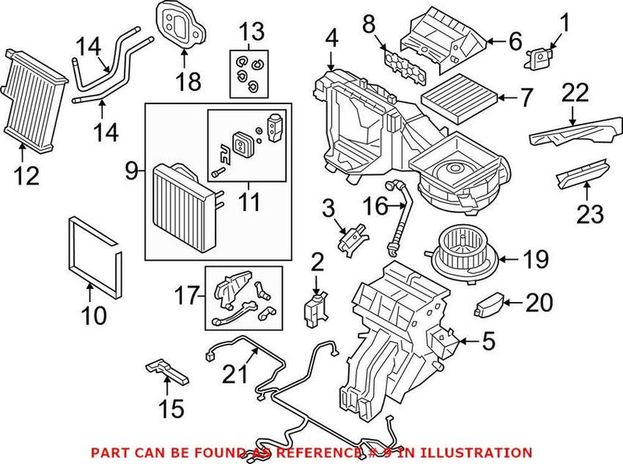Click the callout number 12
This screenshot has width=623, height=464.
pos(26,177)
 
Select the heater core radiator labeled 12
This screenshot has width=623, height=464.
pos(33,97)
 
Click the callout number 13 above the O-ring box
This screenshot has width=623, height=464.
pos(252,32)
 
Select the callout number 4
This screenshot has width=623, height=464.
pos(331,37)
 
